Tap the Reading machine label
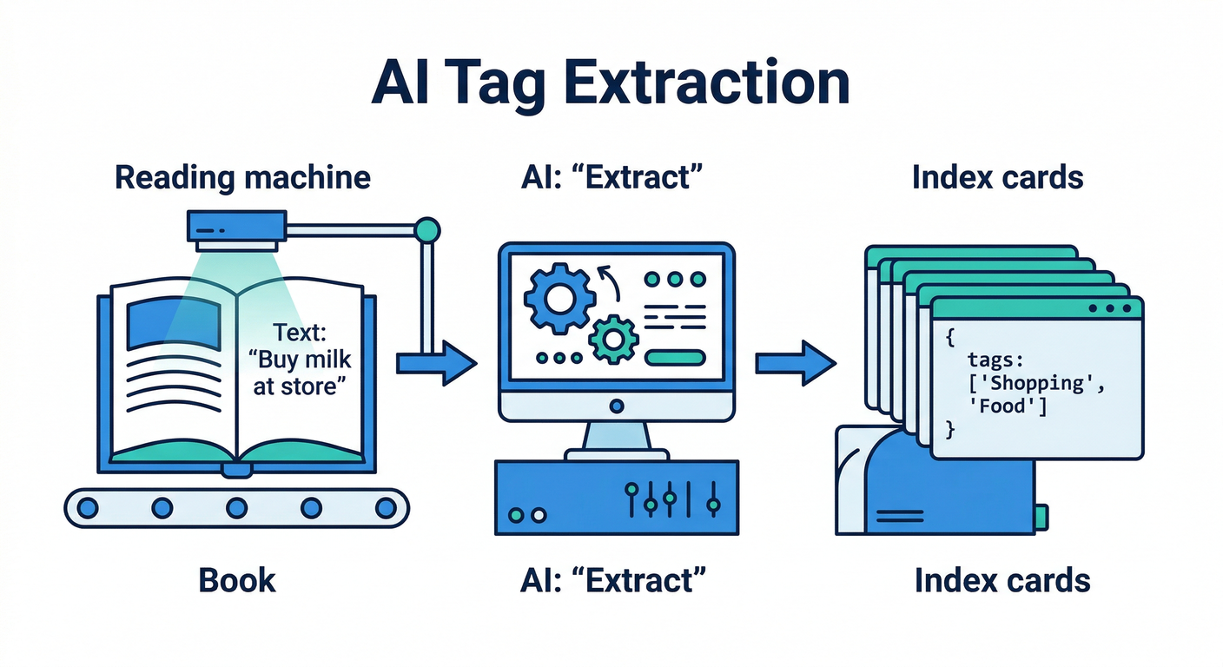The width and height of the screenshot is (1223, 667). click(x=242, y=177)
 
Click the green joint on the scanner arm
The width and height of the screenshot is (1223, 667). click(x=426, y=229)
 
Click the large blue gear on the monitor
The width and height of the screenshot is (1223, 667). click(x=559, y=298)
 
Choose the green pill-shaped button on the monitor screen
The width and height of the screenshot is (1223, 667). click(x=674, y=357)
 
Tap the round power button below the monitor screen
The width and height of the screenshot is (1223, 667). click(x=617, y=405)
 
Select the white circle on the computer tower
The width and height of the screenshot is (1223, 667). click(x=538, y=515)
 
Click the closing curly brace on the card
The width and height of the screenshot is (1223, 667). click(x=949, y=428)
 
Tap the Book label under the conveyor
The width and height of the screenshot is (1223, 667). click(x=237, y=579)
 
